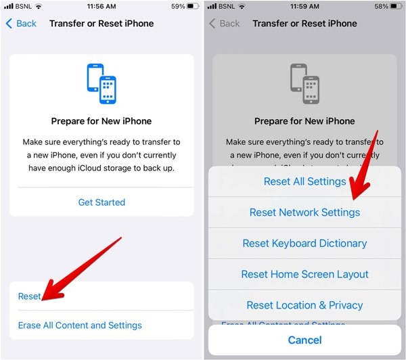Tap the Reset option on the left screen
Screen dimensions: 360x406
tap(30, 296)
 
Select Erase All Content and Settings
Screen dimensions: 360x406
tap(80, 325)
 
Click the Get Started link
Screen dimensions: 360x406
tap(101, 202)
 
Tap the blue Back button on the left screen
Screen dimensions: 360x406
tap(21, 24)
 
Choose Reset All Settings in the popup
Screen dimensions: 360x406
tap(304, 181)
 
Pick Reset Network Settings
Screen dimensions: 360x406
tap(304, 212)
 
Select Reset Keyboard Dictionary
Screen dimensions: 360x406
tap(304, 244)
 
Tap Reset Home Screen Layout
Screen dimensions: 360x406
tap(304, 275)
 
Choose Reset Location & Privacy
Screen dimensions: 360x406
tap(304, 305)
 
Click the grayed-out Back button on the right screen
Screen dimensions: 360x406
tap(224, 24)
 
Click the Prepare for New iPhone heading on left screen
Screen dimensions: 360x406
tap(101, 122)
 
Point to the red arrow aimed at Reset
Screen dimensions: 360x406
tap(81, 268)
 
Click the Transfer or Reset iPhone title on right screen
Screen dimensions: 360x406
tap(304, 24)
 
